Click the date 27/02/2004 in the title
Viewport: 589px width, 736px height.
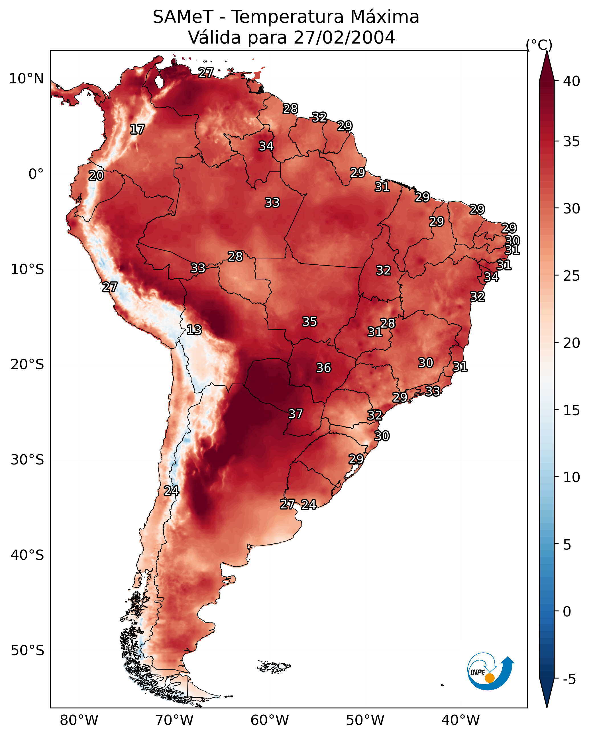pyautogui.click(x=344, y=38)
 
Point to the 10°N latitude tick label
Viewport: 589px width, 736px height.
pyautogui.click(x=26, y=79)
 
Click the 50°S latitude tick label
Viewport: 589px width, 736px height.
pyautogui.click(x=27, y=650)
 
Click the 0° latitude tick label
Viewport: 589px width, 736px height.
pyautogui.click(x=36, y=174)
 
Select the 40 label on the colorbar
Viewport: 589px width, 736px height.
pyautogui.click(x=572, y=81)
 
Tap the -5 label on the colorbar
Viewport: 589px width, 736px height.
pyautogui.click(x=569, y=679)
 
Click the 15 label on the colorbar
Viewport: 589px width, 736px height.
pyautogui.click(x=572, y=410)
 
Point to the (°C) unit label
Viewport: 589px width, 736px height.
pyautogui.click(x=539, y=45)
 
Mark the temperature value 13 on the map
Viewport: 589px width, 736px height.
pyautogui.click(x=194, y=330)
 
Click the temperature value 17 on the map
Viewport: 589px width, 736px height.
pyautogui.click(x=137, y=129)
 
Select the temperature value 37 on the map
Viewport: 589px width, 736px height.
pyautogui.click(x=296, y=414)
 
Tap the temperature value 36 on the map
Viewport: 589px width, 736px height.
pyautogui.click(x=324, y=368)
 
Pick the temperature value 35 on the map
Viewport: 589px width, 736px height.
pyautogui.click(x=310, y=322)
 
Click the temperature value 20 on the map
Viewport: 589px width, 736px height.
pyautogui.click(x=96, y=176)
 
